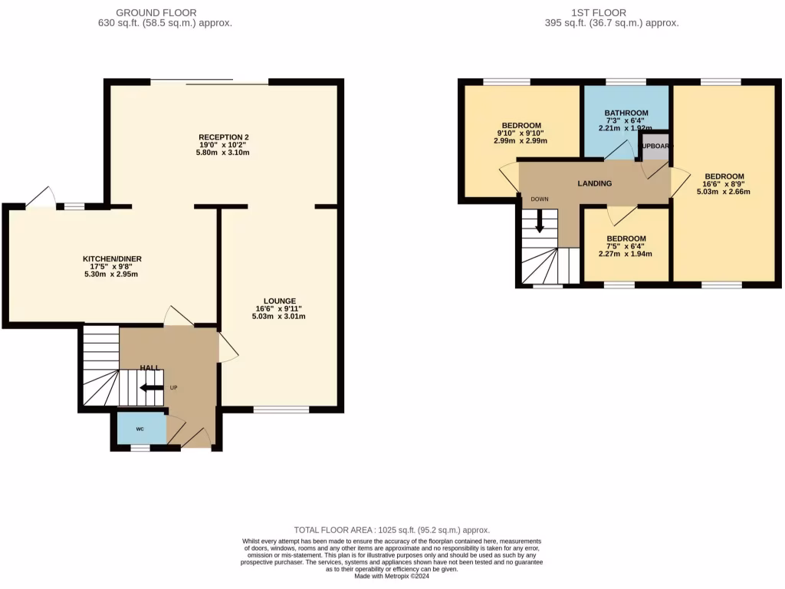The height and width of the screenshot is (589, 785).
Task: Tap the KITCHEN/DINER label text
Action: [113, 258]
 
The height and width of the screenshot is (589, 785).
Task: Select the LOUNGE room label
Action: [279, 301]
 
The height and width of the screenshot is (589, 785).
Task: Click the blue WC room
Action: [140, 428]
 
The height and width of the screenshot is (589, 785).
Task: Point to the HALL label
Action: [150, 368]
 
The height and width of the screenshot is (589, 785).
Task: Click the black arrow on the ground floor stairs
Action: [152, 387]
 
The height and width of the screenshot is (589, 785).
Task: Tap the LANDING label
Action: [594, 183]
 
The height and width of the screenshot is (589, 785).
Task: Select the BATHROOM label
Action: [626, 113]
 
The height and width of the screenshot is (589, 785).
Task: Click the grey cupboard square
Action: [654, 146]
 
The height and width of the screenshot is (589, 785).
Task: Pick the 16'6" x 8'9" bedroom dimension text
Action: [724, 184]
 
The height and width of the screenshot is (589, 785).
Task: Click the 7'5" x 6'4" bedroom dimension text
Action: [626, 246]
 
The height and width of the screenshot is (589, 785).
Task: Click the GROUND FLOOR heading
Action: [156, 12]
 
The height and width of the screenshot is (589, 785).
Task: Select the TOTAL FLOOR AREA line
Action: [392, 530]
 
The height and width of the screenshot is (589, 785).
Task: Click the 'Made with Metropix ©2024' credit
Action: [392, 576]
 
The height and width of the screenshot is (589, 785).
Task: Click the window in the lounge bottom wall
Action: [281, 410]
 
